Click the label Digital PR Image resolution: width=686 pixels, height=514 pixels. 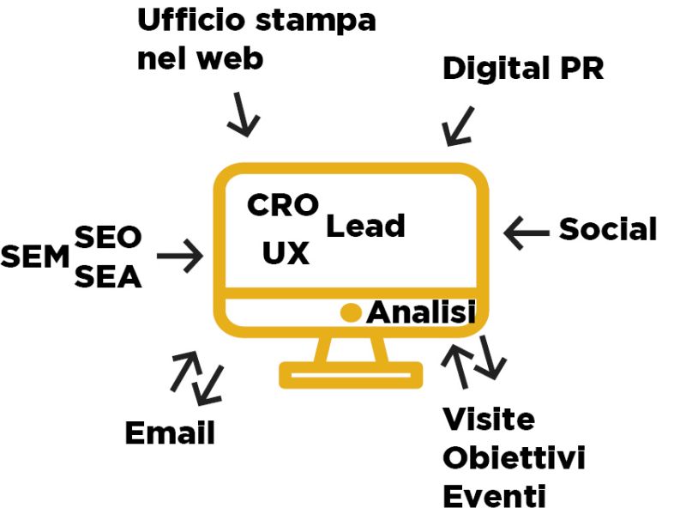(x=522, y=70)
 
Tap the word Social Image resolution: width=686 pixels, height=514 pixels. (x=608, y=229)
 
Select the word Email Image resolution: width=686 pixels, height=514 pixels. (x=170, y=433)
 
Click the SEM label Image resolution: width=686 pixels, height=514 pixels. (x=34, y=256)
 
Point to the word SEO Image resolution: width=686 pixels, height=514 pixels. (x=108, y=236)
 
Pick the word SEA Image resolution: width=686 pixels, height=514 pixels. (x=108, y=277)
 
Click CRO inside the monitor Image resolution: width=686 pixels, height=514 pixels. (x=283, y=205)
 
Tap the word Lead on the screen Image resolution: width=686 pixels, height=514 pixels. (x=365, y=227)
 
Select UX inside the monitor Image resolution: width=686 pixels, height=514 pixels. (x=286, y=253)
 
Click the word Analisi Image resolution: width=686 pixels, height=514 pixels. (x=421, y=313)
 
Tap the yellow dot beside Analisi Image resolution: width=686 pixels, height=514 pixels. (x=350, y=313)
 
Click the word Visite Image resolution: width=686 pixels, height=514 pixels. (x=488, y=420)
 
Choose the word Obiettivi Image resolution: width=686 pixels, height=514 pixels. (x=514, y=458)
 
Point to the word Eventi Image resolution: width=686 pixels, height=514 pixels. (x=494, y=496)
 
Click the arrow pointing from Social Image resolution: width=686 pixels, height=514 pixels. (x=527, y=231)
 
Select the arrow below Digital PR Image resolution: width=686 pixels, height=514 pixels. (x=458, y=126)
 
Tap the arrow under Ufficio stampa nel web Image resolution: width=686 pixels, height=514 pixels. (x=242, y=117)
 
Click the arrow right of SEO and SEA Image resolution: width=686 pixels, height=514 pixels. (x=179, y=256)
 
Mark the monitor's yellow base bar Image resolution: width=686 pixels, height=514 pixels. (x=351, y=375)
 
